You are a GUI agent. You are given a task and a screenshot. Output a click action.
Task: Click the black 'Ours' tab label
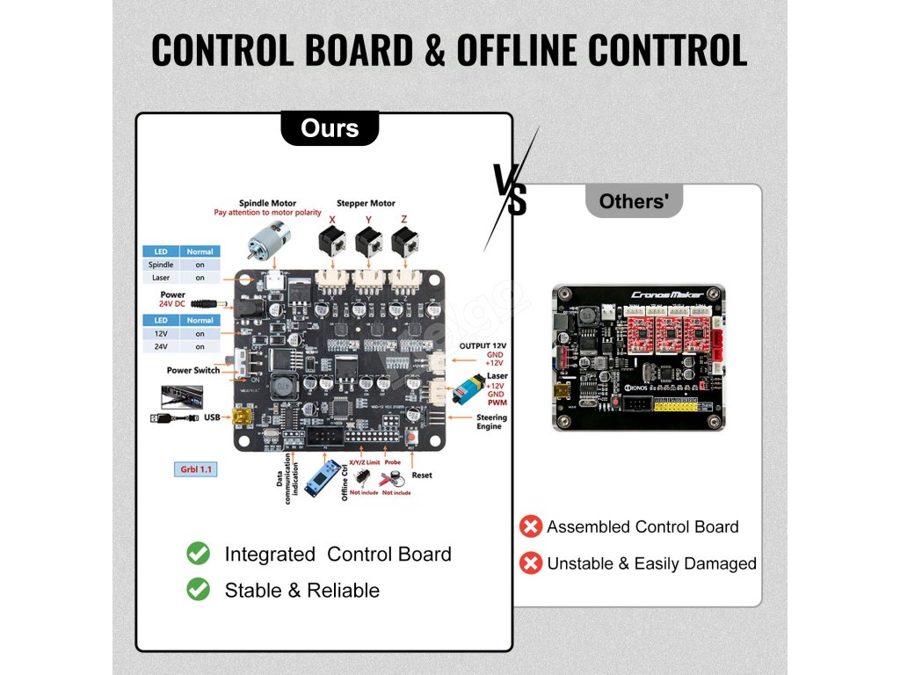tap(330, 128)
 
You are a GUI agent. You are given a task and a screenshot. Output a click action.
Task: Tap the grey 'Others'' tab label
tap(640, 201)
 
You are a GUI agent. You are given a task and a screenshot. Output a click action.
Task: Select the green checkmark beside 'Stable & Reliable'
tap(199, 590)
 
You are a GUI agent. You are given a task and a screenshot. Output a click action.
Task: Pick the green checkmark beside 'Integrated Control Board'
tap(199, 554)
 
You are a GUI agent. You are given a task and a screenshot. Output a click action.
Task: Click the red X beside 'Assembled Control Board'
tap(531, 526)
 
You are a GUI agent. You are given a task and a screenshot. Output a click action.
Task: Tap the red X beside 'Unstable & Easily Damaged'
tap(531, 563)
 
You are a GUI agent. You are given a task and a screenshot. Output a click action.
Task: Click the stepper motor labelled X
tap(332, 242)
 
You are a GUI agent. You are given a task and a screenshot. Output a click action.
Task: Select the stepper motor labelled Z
tap(404, 242)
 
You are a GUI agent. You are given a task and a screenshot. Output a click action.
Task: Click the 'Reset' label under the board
tap(422, 475)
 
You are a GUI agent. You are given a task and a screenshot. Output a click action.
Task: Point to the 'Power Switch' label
tap(193, 370)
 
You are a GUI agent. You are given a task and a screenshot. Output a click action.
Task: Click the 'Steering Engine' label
tap(490, 422)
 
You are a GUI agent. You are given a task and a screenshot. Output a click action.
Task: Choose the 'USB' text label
tap(212, 417)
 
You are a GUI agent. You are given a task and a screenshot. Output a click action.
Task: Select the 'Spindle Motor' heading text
tap(268, 203)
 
